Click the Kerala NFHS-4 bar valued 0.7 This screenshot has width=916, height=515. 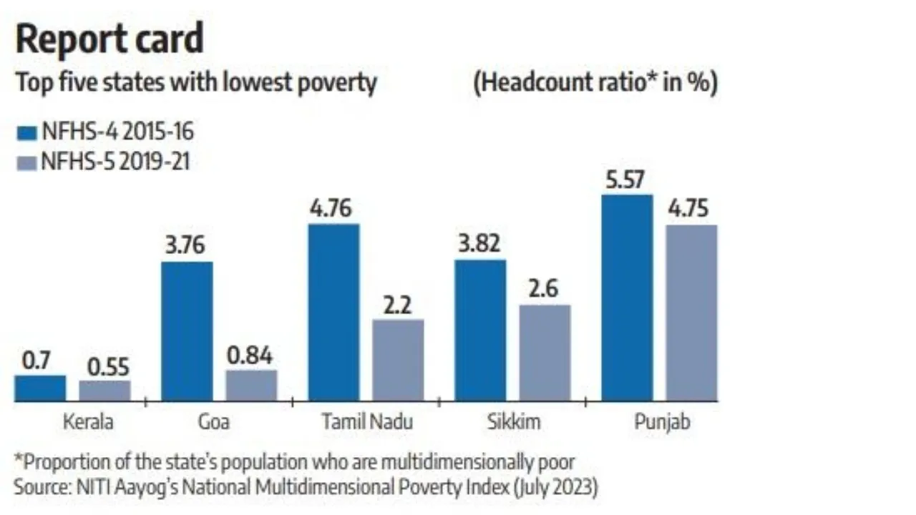40,388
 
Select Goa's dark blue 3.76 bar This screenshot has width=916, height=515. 187,331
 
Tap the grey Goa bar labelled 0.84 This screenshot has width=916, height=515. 251,385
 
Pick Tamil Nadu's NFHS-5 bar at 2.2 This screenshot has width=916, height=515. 398,360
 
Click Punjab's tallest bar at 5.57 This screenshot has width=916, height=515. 627,298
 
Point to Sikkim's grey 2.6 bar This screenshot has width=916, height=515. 545,353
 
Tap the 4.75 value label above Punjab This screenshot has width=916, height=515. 691,210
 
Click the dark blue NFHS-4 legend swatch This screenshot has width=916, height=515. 26,132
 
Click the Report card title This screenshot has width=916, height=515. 109,39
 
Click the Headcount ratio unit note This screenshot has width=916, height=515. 595,83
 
